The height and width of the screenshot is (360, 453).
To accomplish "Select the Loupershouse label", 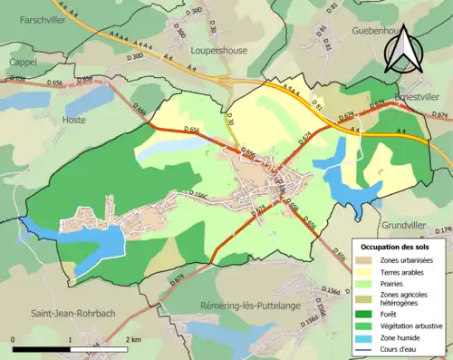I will click(218, 51).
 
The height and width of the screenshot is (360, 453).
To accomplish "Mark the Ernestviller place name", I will click(423, 95).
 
